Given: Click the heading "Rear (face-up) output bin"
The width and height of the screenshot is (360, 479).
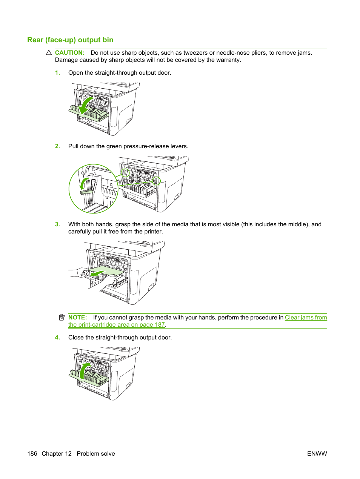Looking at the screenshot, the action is coord(70,40).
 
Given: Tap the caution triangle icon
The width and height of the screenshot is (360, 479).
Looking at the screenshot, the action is coord(49,52).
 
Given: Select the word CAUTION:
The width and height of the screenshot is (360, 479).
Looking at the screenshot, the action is coord(70,52).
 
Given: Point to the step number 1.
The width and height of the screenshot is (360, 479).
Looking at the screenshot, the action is coord(57,73).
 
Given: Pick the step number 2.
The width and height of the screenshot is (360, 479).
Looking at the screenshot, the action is coord(57,146).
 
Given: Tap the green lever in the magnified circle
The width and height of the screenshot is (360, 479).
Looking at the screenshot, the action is coord(87,192).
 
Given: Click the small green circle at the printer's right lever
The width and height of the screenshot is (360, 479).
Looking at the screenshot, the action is coord(156,181).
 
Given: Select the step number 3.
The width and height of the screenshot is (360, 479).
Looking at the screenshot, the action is coord(57,224).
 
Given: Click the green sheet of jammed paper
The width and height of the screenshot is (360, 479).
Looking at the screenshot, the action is coord(106,272).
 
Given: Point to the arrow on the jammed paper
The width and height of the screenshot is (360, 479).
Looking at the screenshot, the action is coord(98,273).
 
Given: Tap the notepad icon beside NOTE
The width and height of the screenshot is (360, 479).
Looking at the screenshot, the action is coord(62,318).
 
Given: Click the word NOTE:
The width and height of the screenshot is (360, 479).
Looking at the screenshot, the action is coord(77,318).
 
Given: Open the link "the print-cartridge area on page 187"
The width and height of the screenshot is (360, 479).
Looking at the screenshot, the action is coord(117,325).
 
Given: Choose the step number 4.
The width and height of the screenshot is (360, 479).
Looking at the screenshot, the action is coord(57,337).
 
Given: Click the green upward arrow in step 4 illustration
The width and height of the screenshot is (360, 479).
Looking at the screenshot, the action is coord(84,372).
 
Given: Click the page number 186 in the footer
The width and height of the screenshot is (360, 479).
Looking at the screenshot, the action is coord(32,454).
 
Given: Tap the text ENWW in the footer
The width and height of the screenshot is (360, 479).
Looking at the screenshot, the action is coord(317,454).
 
